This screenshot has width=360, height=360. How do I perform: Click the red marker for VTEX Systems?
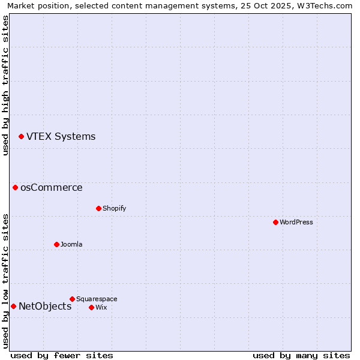pyautogui.click(x=21, y=137)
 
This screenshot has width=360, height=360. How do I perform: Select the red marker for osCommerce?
pyautogui.click(x=15, y=188)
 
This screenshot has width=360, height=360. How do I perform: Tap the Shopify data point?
pyautogui.click(x=98, y=209)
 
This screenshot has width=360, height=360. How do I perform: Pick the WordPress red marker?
pyautogui.click(x=275, y=223)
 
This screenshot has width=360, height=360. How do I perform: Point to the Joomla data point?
pyautogui.click(x=56, y=245)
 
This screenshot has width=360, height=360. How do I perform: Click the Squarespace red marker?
pyautogui.click(x=72, y=299)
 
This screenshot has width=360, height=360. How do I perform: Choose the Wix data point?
pyautogui.click(x=91, y=308)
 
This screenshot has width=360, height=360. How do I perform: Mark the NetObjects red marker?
pyautogui.click(x=13, y=307)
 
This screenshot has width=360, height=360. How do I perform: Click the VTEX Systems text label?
pyautogui.click(x=61, y=137)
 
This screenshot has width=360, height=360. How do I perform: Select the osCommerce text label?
pyautogui.click(x=52, y=188)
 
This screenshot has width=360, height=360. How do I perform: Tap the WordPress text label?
pyautogui.click(x=296, y=223)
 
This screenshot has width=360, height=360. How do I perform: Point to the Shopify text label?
pyautogui.click(x=114, y=209)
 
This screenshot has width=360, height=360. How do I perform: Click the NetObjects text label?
pyautogui.click(x=45, y=307)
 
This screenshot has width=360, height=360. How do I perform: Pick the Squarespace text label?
pyautogui.click(x=97, y=299)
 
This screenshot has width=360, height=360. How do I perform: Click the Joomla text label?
pyautogui.click(x=71, y=245)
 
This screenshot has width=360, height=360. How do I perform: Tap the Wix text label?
pyautogui.click(x=101, y=308)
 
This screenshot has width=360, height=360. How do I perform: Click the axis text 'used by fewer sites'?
pyautogui.click(x=62, y=356)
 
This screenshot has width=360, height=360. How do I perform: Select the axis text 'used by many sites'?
pyautogui.click(x=301, y=356)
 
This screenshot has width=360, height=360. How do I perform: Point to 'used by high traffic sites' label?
pyautogui.click(x=5, y=85)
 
